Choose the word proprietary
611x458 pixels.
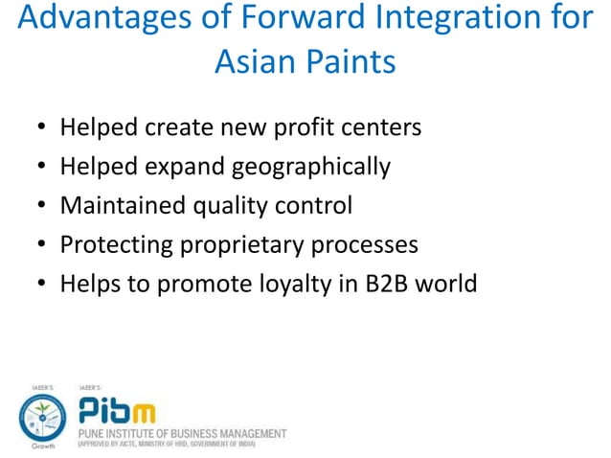(244, 245)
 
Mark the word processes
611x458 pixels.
(367, 245)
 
